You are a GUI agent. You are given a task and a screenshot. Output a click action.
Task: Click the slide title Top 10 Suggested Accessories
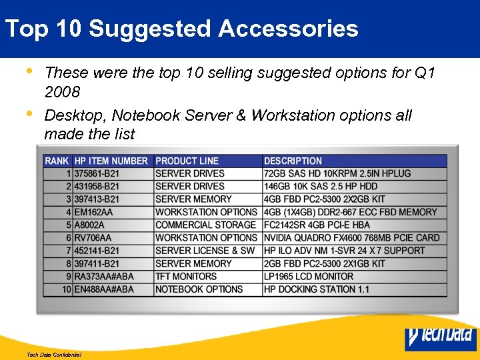coord(181,29)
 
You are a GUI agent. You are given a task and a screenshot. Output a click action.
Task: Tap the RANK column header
coord(57,161)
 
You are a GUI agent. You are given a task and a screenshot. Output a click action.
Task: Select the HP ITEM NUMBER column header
coord(111,161)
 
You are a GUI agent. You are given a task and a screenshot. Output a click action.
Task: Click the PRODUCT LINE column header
coord(187,161)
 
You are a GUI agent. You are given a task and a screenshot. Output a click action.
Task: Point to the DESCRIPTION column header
coord(293,161)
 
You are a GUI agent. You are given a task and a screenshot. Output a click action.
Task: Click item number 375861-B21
coord(97,173)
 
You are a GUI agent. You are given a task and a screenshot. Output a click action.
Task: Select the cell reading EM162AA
coord(94,212)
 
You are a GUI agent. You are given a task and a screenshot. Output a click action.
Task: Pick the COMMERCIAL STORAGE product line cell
coord(205,225)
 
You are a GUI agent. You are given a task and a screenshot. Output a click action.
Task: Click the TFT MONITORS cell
coord(186,276)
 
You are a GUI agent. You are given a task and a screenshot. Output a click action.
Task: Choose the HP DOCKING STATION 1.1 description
coord(316,289)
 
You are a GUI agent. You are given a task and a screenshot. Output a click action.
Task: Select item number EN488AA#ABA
coord(104,289)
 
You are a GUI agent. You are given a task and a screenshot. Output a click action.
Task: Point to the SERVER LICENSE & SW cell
coord(205,251)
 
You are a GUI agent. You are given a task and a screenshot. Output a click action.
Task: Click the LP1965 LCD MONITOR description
coord(309,276)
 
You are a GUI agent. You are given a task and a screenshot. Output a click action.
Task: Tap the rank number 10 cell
coord(66,289)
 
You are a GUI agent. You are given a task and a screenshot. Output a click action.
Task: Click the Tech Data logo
coord(441,337)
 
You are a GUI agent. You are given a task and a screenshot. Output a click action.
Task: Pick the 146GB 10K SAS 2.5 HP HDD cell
coord(321,186)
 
